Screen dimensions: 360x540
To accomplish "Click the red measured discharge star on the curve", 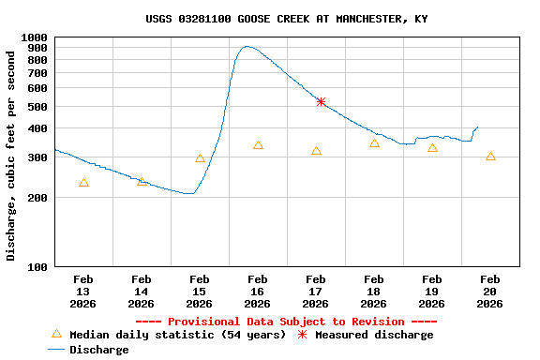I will [x=321, y=101].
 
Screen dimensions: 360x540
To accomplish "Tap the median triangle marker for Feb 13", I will [x=83, y=183].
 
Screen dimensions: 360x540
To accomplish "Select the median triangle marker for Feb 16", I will [x=258, y=145].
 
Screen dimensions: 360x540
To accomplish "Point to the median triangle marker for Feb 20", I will [x=490, y=157].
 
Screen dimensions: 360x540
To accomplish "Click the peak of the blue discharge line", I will [x=247, y=46].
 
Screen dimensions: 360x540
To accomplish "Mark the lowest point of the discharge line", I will [x=189, y=193].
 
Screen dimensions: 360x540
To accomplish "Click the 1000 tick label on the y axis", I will [x=36, y=37].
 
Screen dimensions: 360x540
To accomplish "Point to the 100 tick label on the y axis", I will [x=38, y=266].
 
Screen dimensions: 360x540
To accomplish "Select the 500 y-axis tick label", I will [x=38, y=107].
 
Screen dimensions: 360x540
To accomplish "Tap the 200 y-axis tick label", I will [x=38, y=198].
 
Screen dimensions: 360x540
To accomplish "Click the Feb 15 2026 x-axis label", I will [x=199, y=291].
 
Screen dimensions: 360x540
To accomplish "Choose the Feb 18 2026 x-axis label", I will [x=373, y=291].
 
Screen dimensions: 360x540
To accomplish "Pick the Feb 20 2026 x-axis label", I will [x=489, y=291].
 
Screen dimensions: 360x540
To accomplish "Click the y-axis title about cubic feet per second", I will [x=11, y=156].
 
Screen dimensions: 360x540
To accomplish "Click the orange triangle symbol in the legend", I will [x=56, y=334].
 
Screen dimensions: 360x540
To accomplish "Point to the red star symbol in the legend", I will [x=302, y=335].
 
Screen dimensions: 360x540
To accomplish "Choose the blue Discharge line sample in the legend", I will [x=56, y=350].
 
